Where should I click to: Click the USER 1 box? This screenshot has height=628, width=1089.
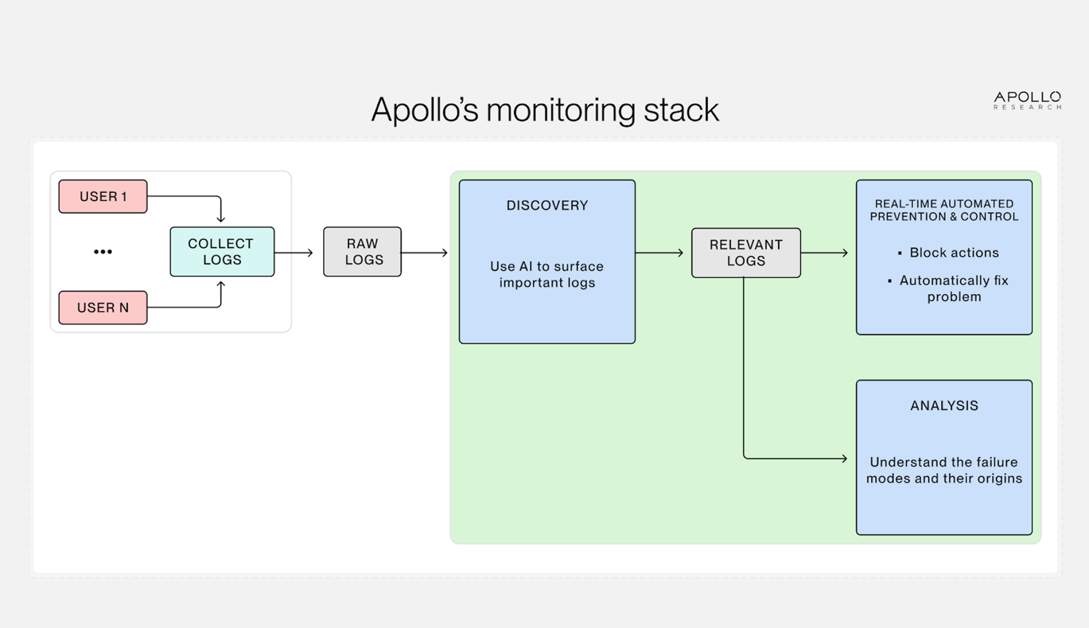103,196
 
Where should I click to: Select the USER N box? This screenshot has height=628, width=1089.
103,307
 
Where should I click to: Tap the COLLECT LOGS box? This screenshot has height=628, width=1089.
222,252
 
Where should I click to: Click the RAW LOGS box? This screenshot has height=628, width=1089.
362,252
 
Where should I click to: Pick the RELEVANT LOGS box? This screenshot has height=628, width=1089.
746,253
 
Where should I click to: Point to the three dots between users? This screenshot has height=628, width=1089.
103,252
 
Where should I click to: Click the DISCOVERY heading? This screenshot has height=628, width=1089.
547,205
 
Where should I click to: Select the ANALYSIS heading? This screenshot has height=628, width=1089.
944,405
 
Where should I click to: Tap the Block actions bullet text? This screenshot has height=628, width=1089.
954,252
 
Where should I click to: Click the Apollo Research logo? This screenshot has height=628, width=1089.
1027,100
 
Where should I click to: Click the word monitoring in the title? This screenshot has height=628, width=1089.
561,110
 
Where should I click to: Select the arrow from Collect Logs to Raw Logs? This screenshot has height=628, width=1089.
294,252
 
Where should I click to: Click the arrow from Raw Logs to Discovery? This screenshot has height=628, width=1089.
424,252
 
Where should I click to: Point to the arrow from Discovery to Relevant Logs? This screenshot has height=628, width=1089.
659,252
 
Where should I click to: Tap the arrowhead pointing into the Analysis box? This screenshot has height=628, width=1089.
844,459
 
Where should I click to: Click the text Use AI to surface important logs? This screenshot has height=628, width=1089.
547,274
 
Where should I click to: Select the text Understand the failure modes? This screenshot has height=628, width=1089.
944,470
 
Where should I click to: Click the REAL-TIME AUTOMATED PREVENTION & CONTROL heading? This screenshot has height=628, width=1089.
944,210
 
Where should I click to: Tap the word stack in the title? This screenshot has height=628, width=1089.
681,110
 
